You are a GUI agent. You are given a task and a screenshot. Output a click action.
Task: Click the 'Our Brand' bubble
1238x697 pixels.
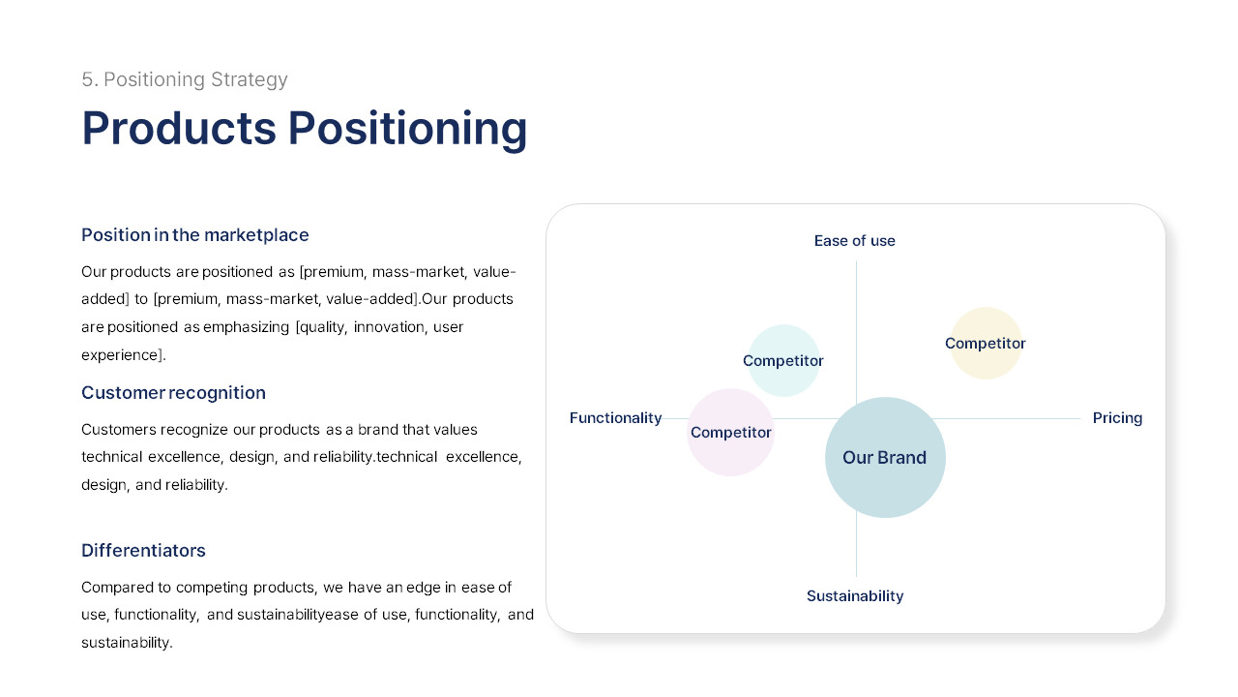point(885,457)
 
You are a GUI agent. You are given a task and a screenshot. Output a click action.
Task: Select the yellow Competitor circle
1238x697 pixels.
point(986,344)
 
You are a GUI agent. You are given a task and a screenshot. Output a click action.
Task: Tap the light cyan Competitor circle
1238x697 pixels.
point(783,360)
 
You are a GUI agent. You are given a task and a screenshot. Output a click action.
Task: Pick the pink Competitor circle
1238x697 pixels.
point(730,433)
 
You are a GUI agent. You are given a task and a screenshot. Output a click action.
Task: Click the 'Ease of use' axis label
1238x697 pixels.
point(854,241)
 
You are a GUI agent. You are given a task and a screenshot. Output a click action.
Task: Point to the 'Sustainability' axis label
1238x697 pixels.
point(855,596)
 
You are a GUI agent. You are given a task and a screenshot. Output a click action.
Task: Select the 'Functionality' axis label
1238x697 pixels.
point(615,418)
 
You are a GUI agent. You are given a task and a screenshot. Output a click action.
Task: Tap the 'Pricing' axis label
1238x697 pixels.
point(1117,418)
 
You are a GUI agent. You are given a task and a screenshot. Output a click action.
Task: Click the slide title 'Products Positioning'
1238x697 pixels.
point(304,128)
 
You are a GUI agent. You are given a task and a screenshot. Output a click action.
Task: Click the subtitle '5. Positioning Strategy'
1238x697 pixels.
point(184,79)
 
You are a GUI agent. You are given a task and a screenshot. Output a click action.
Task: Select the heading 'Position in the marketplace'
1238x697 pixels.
point(194,235)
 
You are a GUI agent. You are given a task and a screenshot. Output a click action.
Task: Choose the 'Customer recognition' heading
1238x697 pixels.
point(173,393)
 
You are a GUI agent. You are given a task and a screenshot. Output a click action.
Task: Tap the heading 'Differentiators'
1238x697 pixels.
point(143,551)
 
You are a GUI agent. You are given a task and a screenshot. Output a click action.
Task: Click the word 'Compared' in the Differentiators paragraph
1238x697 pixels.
point(115,588)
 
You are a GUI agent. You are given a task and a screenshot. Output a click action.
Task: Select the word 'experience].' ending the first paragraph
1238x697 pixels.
point(123,355)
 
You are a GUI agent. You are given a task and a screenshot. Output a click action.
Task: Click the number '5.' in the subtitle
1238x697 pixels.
point(90,79)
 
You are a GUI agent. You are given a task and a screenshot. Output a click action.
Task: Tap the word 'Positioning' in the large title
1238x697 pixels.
point(407,128)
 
